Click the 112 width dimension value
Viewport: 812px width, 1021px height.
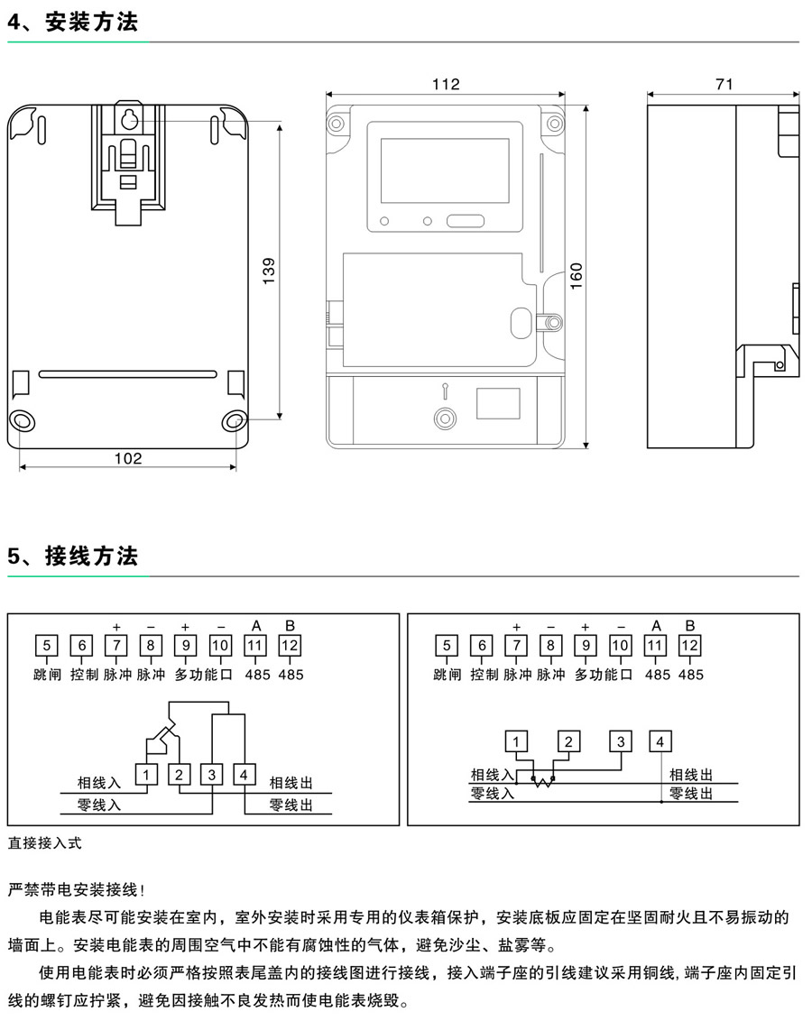coord(446,84)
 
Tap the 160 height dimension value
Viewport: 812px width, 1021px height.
coord(577,276)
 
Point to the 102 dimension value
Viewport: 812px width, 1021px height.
coord(128,458)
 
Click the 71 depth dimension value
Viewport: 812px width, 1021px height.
coord(724,84)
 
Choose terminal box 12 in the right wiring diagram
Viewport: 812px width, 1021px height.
coord(690,646)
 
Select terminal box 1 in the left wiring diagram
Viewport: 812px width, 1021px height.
coord(147,774)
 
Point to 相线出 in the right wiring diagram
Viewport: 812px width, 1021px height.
coord(691,775)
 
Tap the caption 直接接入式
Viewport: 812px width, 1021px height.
coord(45,843)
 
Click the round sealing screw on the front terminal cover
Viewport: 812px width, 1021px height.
coord(444,419)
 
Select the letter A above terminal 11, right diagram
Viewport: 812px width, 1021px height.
coord(656,626)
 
